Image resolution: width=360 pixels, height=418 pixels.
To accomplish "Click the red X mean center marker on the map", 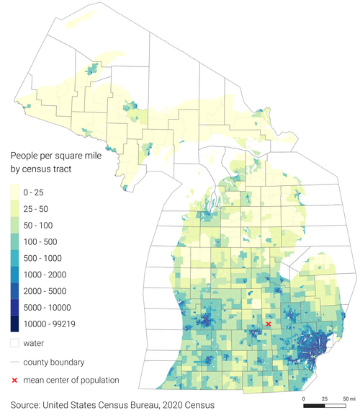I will (x=268, y=324).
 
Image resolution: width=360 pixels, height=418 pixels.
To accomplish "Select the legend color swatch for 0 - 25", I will (x=14, y=192).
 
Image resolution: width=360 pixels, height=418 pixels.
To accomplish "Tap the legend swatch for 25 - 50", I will (x=14, y=208).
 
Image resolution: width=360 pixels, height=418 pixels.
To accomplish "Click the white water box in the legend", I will (x=14, y=343).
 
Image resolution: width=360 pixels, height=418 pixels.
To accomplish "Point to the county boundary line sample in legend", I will (x=14, y=362).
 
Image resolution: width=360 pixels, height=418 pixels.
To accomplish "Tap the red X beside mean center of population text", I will (x=14, y=380).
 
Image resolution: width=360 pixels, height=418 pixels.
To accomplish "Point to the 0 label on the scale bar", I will (x=304, y=398).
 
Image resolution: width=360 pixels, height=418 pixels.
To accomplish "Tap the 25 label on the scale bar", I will (x=325, y=398).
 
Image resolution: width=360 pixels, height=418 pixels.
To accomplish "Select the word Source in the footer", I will (x=27, y=406).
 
